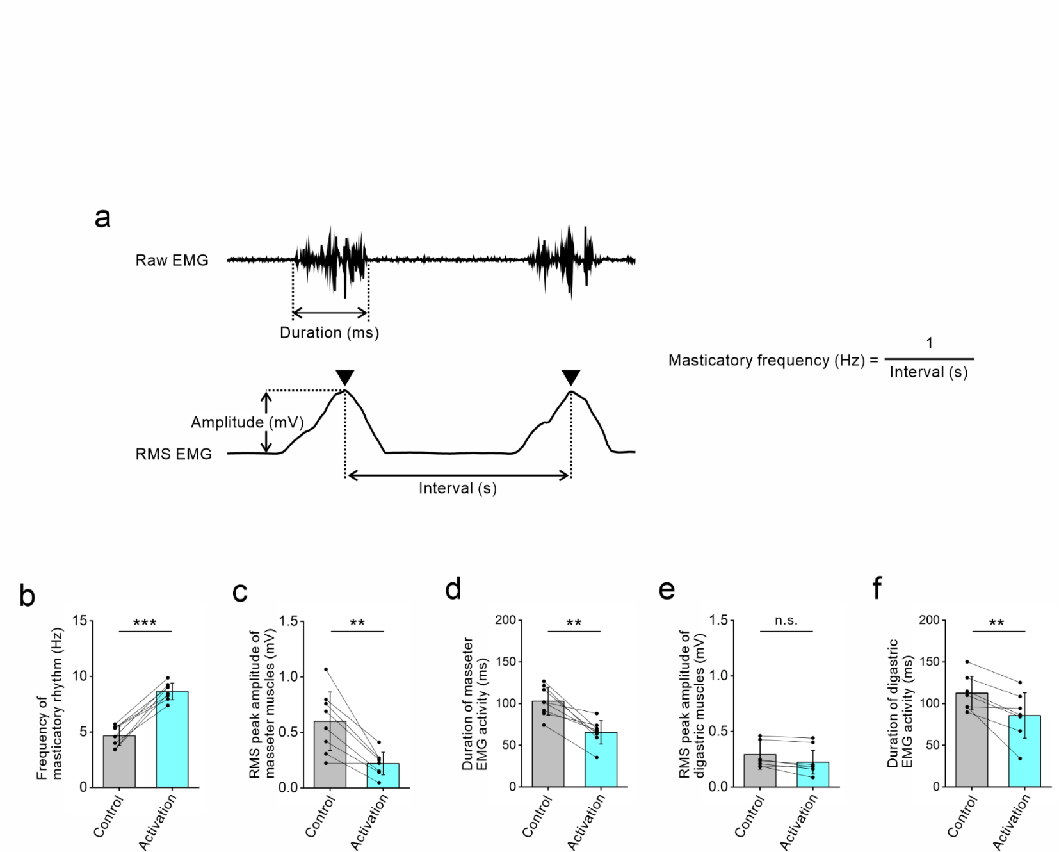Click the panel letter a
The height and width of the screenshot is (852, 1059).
click(102, 218)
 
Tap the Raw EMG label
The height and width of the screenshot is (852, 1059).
click(172, 260)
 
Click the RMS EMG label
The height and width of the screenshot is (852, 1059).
click(173, 454)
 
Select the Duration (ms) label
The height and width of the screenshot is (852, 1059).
click(329, 332)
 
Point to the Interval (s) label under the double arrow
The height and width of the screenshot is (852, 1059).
click(457, 489)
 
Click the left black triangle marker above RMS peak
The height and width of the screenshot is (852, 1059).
click(345, 377)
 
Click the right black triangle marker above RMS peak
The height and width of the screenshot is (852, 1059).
click(570, 377)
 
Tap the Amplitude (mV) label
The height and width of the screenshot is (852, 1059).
click(247, 422)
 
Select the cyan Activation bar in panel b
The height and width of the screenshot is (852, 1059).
click(172, 743)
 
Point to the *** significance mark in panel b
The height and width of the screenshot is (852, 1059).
click(145, 623)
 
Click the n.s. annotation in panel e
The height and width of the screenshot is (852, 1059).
click(786, 621)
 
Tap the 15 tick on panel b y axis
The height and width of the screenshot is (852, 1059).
click(80, 620)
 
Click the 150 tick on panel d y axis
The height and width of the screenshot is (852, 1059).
click(506, 662)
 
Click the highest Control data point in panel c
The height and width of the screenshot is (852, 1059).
click(326, 669)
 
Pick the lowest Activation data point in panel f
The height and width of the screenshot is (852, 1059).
click(1020, 758)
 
